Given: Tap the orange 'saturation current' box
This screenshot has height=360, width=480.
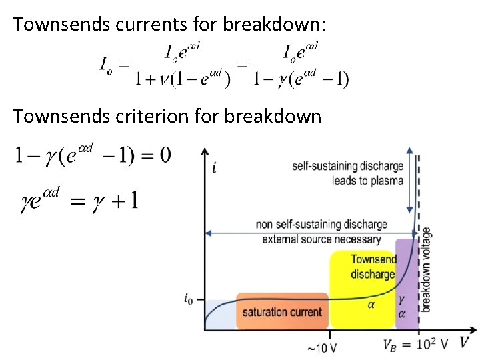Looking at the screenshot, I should pyautogui.click(x=282, y=311).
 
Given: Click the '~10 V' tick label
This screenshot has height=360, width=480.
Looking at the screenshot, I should pyautogui.click(x=321, y=347).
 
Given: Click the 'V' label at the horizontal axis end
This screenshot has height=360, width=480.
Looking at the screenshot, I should pyautogui.click(x=464, y=342).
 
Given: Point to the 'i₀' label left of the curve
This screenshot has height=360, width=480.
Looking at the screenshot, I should pyautogui.click(x=190, y=299).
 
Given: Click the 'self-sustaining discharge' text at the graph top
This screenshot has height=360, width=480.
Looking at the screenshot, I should pyautogui.click(x=347, y=166).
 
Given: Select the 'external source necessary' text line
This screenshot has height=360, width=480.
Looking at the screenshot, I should pyautogui.click(x=321, y=239).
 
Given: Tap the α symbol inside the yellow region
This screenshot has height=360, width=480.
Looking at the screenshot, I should pyautogui.click(x=371, y=305).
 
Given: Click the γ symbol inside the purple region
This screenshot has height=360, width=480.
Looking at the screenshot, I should pyautogui.click(x=401, y=301).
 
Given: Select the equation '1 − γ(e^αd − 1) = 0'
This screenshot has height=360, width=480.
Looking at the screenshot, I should pyautogui.click(x=91, y=155).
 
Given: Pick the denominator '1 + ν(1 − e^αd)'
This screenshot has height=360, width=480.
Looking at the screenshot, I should pyautogui.click(x=182, y=79).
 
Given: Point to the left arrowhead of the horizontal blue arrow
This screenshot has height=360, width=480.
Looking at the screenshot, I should pyautogui.click(x=209, y=233).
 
